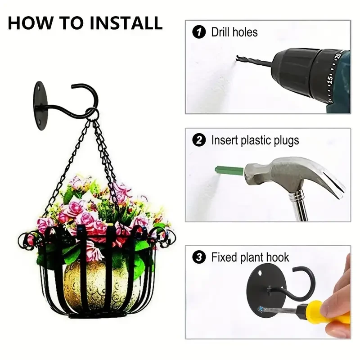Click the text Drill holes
click(234, 32)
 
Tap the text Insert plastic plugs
click(255, 140)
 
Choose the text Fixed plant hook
click(250, 257)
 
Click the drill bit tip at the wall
click(238, 57)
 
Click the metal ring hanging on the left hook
click(92, 115)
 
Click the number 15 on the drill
click(329, 80)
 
